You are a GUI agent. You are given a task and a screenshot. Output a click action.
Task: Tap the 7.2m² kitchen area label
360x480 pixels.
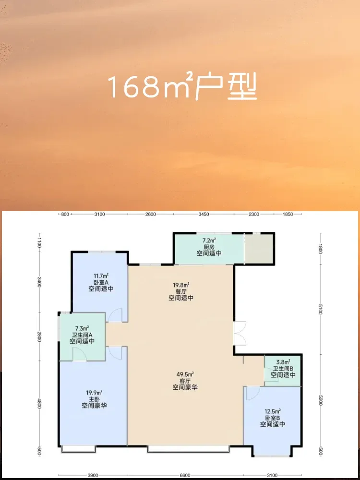[x=209, y=240]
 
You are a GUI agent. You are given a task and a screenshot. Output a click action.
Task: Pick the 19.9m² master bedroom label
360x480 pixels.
[x=94, y=393]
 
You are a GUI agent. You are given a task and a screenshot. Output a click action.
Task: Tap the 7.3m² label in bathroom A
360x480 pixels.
[x=82, y=328]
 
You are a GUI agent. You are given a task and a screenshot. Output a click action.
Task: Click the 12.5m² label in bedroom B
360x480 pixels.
[x=273, y=411]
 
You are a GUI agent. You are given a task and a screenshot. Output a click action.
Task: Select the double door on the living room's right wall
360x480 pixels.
[x=240, y=334]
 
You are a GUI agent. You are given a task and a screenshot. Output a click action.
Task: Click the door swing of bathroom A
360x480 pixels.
[x=79, y=354]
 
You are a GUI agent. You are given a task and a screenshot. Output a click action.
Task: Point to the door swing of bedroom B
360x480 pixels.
[x=253, y=393]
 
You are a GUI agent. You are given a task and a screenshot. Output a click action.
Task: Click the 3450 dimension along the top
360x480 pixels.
[x=204, y=214]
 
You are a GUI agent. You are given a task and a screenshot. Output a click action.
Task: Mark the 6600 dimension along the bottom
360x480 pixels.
[x=185, y=475]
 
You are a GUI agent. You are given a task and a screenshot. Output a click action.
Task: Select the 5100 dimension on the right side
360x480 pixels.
[x=320, y=312]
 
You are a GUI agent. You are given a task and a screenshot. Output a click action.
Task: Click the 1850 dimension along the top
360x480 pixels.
[x=288, y=214]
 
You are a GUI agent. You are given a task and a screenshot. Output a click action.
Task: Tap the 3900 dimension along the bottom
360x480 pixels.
[x=93, y=475]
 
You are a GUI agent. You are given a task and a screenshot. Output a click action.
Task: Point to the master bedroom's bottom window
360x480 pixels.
[x=78, y=449]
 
